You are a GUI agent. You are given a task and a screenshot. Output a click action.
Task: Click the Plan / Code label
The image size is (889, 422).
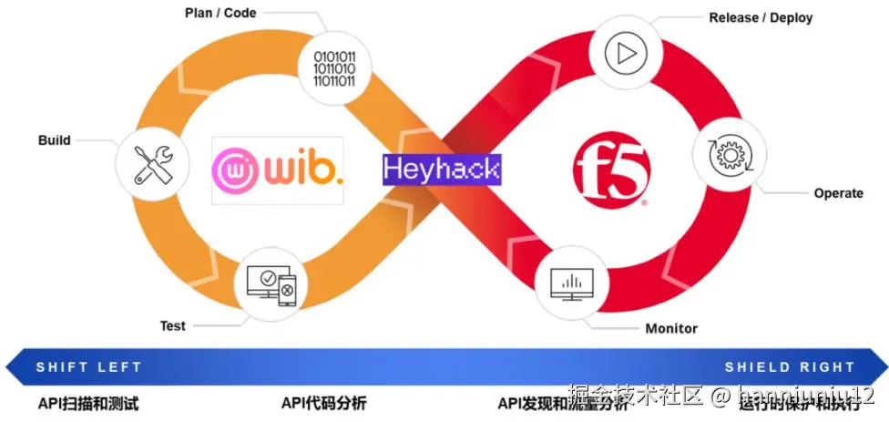pyautogui.click(x=220, y=13)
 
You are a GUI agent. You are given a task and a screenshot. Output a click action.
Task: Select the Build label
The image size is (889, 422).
pyautogui.click(x=54, y=140)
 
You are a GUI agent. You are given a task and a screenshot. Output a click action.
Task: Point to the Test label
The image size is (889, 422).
pyautogui.click(x=172, y=325)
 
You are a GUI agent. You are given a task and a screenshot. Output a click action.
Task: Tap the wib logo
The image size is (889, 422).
pyautogui.click(x=278, y=170)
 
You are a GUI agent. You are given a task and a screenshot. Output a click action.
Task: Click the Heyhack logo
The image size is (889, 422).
pyautogui.click(x=442, y=169)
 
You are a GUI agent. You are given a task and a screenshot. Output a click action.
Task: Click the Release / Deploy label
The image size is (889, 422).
pyautogui.click(x=761, y=17)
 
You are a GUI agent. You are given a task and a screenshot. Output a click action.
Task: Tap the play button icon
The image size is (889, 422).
pyautogui.click(x=626, y=54)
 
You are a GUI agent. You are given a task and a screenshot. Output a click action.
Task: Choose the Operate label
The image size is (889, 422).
pyautogui.click(x=838, y=193)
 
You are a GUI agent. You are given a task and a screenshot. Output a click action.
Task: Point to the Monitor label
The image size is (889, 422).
pyautogui.click(x=671, y=328)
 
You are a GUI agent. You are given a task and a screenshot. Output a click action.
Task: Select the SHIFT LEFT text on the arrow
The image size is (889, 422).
pyautogui.click(x=88, y=367)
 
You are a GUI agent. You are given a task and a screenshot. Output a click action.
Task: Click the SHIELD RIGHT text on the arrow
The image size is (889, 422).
pyautogui.click(x=790, y=367)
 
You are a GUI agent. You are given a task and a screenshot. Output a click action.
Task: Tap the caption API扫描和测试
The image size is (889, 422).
pyautogui.click(x=88, y=403)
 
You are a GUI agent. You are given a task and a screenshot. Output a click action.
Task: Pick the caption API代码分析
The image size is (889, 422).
pyautogui.click(x=323, y=403)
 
